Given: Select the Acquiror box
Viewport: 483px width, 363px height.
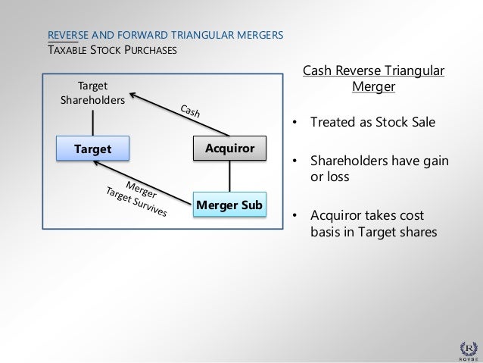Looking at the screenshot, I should point(230,149).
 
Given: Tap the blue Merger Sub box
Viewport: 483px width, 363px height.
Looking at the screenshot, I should point(230,202).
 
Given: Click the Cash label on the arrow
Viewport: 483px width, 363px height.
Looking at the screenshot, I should point(190,113).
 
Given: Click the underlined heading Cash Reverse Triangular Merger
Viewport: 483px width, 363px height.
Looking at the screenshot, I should point(373,80).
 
